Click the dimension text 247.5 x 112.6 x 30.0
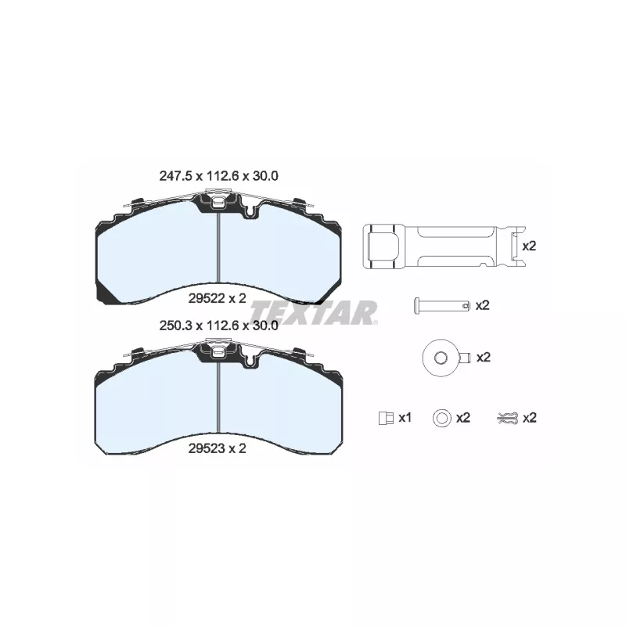pos(219,175)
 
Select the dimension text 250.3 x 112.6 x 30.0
pos(219,326)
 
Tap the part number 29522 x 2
pos(218,298)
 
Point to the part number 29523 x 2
pos(218,448)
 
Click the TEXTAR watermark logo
pos(314,312)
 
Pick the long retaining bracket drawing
pos(444,246)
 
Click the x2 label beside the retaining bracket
pos(530,246)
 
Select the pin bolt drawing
pos(441,305)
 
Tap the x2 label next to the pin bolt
pos(482,305)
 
